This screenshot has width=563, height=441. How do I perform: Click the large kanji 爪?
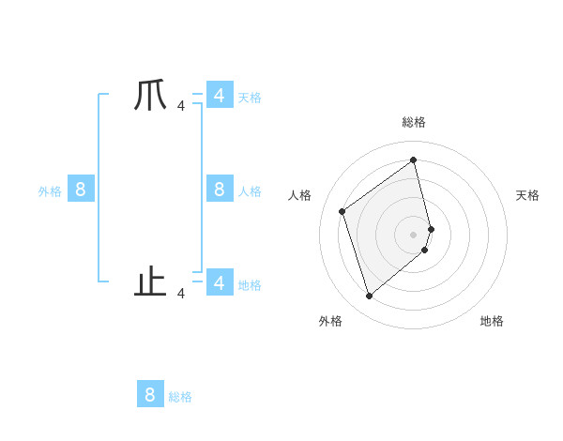[x=150, y=97]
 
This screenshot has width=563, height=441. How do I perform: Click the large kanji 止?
[x=150, y=281]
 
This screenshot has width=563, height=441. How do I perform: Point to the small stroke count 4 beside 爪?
[x=181, y=106]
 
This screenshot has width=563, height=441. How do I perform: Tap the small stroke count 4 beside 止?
[x=181, y=294]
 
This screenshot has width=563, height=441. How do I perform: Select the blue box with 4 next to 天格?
[x=219, y=95]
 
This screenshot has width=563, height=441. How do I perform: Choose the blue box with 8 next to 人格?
[x=219, y=190]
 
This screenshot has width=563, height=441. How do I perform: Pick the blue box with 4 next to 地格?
[x=219, y=281]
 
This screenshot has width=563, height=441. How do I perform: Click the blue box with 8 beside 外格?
[x=80, y=190]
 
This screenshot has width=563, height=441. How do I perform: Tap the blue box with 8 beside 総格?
[x=150, y=394]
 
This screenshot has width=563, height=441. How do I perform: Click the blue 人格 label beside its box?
[x=250, y=191]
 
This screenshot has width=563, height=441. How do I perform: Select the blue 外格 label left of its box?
[x=50, y=191]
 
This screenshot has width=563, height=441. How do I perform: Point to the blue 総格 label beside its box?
[x=180, y=397]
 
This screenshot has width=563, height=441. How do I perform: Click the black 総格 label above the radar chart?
[x=414, y=123]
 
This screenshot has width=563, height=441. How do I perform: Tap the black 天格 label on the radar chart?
[x=528, y=195]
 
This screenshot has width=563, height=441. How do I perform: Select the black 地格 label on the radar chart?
[x=492, y=321]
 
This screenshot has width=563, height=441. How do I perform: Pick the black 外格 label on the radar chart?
[x=330, y=321]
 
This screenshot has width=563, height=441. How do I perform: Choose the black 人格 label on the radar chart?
[x=300, y=195]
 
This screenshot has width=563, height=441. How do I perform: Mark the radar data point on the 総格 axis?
[x=414, y=160]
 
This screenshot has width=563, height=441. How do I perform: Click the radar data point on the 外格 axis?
[x=369, y=297]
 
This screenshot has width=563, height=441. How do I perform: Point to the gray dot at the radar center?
[x=414, y=234]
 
